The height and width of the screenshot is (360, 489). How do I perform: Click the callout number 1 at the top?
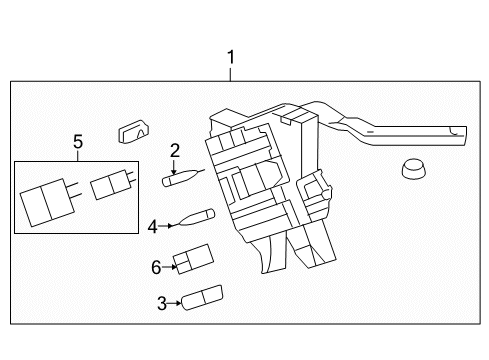231,57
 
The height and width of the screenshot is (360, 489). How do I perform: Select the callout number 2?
175,151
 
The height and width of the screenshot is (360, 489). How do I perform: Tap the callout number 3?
162,304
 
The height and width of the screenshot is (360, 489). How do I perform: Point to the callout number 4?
152,227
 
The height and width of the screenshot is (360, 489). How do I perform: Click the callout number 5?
78,142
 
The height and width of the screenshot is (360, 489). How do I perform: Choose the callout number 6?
156,267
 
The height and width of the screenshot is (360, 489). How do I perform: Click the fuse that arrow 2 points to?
183,178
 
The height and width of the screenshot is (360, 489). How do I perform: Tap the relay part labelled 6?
193,259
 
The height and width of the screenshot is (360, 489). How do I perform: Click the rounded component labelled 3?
202,298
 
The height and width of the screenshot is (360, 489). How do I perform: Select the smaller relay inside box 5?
113,184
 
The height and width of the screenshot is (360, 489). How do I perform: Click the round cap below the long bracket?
414,169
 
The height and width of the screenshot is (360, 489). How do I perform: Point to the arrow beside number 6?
169,267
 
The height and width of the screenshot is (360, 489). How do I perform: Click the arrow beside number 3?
174,303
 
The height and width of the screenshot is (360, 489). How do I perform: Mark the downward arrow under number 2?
174,167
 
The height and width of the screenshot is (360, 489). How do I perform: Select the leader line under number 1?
230,75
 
